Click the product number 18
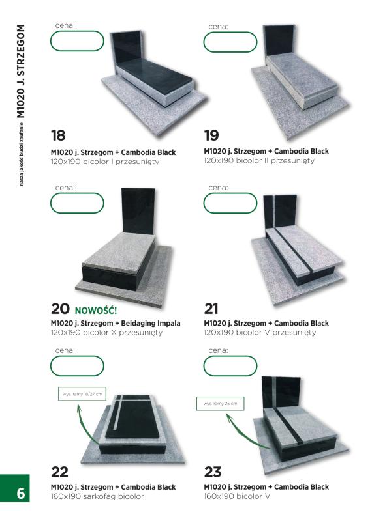tap(58, 135)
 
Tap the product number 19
tap(211, 135)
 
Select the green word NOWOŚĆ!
tap(96, 311)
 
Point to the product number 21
tap(211, 309)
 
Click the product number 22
tap(59, 472)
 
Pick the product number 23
tap(213, 472)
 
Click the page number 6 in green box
tap(21, 494)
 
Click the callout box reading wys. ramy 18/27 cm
tap(82, 394)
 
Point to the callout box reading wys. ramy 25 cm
tap(220, 404)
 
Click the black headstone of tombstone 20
tap(138, 211)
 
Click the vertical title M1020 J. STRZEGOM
tap(21, 71)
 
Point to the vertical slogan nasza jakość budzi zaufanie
tap(22, 154)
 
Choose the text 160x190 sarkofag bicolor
tap(97, 496)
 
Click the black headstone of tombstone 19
tap(279, 42)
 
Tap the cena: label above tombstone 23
tap(218, 350)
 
